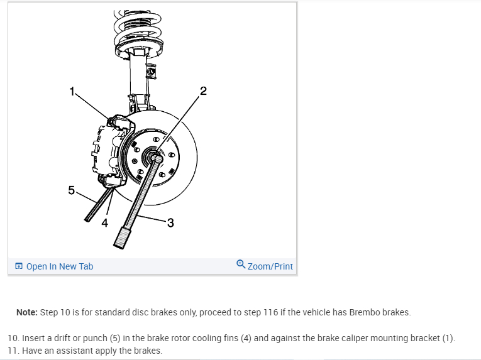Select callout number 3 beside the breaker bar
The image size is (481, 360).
pos(170,222)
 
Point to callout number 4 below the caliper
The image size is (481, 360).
pos(105,222)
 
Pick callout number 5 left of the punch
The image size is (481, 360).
pos(72,190)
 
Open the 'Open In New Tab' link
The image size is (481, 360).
pos(59,266)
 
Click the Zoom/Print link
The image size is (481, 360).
pos(270,266)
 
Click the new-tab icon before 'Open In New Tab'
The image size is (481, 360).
pos(19,266)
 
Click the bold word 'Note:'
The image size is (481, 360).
pos(26,312)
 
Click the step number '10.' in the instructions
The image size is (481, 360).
pos(13,338)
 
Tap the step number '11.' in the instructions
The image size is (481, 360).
pos(13,350)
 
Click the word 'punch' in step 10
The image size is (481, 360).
pos(90,338)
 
